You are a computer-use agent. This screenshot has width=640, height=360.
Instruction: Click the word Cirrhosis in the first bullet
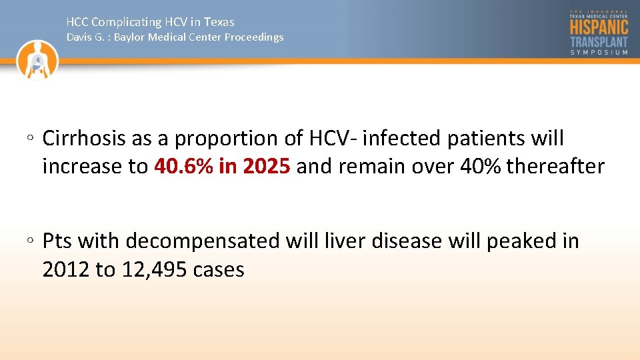pos(84,139)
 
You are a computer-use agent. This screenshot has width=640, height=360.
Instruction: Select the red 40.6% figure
pos(183,167)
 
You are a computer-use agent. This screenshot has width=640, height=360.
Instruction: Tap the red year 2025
pos(266,167)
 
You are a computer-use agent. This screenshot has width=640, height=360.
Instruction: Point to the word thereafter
pos(555,167)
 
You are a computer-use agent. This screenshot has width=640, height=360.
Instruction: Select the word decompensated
pos(203,241)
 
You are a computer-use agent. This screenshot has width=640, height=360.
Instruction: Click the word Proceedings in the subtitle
pos(253,37)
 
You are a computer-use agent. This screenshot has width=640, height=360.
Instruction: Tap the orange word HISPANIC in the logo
pos(599,27)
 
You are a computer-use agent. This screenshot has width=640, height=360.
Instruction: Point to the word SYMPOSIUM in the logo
pos(599,53)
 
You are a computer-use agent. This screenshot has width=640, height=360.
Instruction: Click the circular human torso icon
pos(38,60)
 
